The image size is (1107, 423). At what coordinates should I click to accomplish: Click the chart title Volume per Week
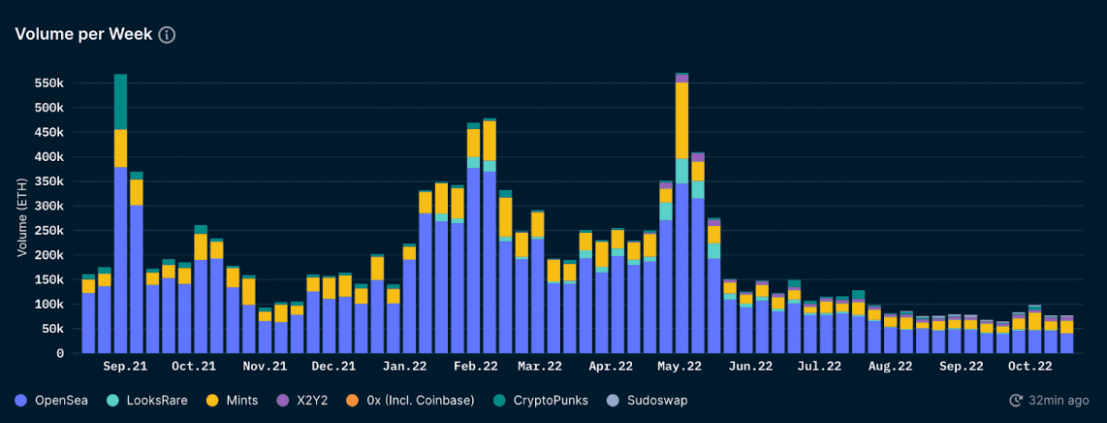(x=82, y=34)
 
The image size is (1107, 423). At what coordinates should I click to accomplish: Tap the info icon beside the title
(x=167, y=35)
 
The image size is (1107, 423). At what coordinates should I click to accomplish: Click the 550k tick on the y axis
(x=48, y=83)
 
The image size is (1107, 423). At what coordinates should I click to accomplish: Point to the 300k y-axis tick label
(x=48, y=207)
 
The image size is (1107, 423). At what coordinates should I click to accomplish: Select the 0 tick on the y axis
(x=60, y=354)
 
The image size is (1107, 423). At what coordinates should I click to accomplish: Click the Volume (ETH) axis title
(x=21, y=218)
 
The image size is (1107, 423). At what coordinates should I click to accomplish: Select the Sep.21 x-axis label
(x=125, y=367)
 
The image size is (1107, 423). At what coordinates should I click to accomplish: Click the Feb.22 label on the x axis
(x=476, y=367)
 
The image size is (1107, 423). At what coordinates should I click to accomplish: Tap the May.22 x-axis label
(x=680, y=367)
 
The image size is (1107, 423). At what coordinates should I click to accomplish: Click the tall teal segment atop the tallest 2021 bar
(x=120, y=102)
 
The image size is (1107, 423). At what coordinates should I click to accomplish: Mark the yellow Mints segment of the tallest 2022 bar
(x=682, y=120)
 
